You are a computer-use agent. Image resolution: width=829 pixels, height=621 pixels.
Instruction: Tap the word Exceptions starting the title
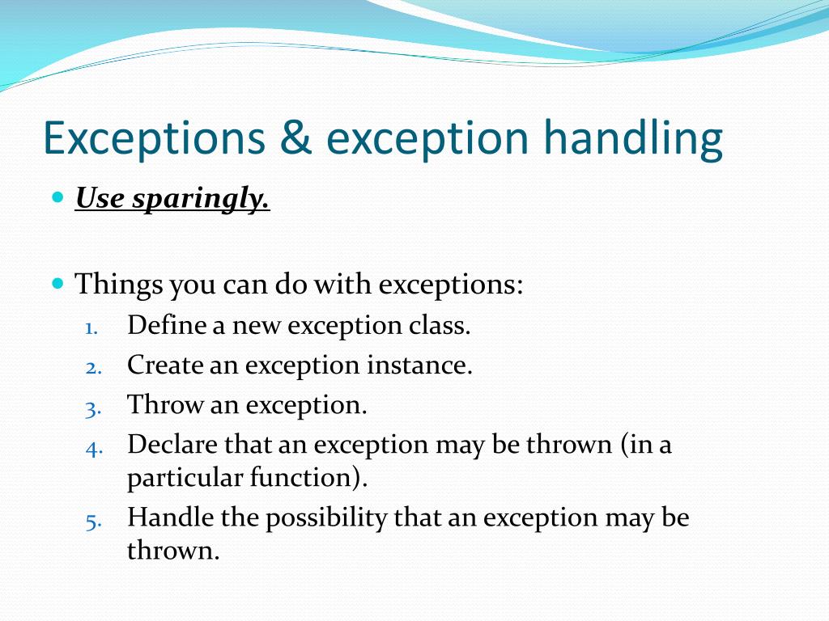point(154,139)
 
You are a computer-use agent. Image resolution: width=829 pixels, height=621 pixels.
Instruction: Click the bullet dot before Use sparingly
point(57,197)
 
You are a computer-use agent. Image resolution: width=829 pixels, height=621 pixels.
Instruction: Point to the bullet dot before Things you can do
point(57,284)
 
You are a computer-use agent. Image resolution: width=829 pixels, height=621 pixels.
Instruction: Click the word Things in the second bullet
point(118,285)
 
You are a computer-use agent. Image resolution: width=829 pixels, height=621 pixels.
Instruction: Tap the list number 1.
point(91,327)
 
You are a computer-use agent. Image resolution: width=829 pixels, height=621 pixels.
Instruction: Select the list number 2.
point(92,367)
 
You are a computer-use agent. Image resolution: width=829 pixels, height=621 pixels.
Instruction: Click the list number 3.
point(92,408)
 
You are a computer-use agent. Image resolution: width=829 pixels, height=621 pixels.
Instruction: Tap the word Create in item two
point(165,365)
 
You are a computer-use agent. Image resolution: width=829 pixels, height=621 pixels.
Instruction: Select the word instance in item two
point(419,365)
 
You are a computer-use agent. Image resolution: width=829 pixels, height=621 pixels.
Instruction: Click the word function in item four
point(300,477)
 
